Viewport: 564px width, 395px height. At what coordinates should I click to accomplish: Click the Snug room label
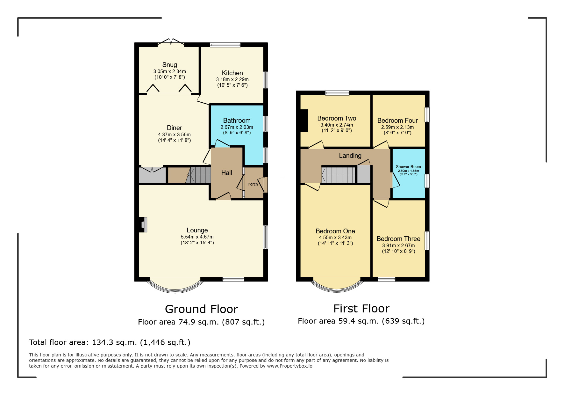[x=169, y=65]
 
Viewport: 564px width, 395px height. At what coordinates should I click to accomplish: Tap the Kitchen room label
[x=232, y=73]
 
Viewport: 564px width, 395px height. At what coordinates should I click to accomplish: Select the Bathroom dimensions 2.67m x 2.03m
[x=237, y=127]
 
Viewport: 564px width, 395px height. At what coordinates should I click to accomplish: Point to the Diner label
[x=175, y=128]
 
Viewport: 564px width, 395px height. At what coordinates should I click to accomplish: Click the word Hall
[x=227, y=173]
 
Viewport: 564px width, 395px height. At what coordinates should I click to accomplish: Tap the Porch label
[x=253, y=184]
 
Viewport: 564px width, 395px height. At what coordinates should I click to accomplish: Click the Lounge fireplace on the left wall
[x=143, y=225]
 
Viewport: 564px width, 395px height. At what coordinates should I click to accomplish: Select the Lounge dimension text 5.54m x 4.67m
[x=197, y=237]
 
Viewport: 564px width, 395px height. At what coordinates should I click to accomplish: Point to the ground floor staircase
[x=198, y=175]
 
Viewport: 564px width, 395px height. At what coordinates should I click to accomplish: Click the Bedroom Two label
[x=337, y=118]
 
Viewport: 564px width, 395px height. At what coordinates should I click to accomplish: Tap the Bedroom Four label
[x=397, y=121]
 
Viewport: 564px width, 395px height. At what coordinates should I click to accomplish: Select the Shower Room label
[x=408, y=167]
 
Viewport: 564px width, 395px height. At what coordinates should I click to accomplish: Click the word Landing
[x=350, y=156]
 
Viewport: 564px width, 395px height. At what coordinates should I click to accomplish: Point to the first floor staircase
[x=339, y=175]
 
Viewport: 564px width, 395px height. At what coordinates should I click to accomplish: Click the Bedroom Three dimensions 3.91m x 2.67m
[x=399, y=245]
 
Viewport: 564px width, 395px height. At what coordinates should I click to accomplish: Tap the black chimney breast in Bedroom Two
[x=304, y=121]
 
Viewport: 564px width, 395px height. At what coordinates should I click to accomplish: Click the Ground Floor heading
[x=202, y=309]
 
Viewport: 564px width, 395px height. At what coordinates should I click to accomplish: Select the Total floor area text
[x=110, y=342]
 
